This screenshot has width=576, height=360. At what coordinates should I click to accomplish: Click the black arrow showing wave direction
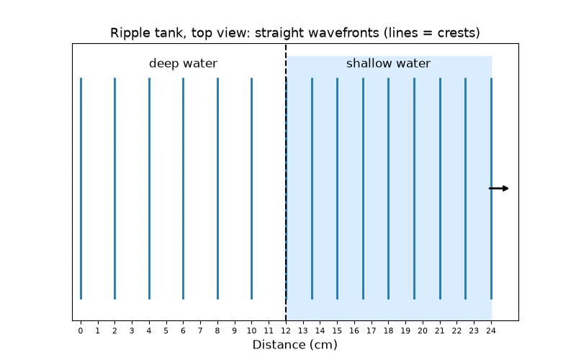coord(498,189)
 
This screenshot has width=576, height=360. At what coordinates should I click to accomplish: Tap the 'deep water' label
coord(183,63)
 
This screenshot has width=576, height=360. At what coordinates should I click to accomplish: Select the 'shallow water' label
coord(388,63)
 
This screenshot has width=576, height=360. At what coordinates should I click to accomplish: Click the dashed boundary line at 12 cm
coord(286,182)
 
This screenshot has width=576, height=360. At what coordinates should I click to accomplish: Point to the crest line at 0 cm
coord(81,189)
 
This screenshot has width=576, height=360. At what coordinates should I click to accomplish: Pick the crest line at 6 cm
coord(184,189)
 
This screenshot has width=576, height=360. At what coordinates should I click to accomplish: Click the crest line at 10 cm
coord(251,189)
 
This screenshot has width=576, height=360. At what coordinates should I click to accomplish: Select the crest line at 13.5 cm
coord(312,189)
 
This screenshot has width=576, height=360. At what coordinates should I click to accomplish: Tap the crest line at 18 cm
coord(388,189)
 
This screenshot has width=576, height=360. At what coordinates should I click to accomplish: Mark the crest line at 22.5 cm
coord(465,189)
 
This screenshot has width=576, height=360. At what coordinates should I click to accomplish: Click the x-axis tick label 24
coord(491,330)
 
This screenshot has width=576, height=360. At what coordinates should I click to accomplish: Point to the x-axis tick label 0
coord(81,330)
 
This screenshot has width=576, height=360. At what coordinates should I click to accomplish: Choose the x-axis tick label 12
coord(286,330)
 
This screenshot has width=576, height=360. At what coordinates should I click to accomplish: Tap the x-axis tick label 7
coord(200,330)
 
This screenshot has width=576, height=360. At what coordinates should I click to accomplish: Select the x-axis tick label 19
coord(405,330)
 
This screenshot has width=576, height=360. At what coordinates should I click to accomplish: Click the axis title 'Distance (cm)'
coord(295,345)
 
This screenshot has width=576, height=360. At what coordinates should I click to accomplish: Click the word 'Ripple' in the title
coord(128,33)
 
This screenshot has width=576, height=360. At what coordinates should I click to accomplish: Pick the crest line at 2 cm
coord(115,189)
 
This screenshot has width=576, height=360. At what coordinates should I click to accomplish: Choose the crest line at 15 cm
coord(337,189)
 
